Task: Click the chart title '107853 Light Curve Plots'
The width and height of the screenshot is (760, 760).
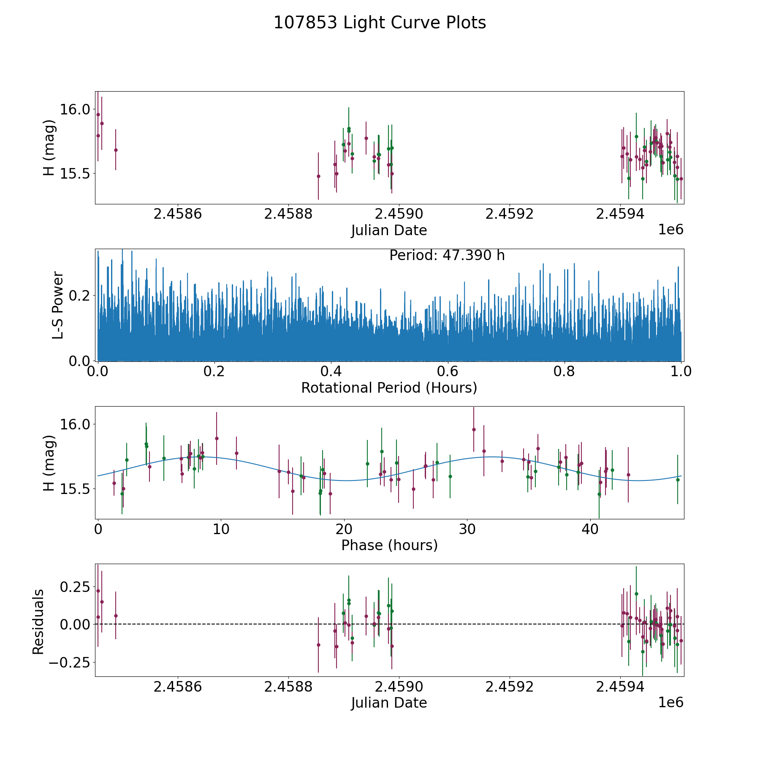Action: (x=380, y=23)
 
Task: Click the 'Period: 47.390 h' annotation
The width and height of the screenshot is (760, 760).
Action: (x=447, y=255)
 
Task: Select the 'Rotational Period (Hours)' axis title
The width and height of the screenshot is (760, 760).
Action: (x=389, y=388)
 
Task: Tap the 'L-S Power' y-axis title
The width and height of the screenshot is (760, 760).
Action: (x=58, y=305)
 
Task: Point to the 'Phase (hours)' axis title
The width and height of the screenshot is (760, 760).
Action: (x=389, y=545)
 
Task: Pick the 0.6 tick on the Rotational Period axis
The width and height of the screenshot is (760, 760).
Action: (x=448, y=372)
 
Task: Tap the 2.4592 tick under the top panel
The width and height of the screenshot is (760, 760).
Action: (x=510, y=214)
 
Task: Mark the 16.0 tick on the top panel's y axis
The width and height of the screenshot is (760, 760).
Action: (x=75, y=109)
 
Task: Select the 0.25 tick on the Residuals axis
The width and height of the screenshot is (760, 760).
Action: (x=75, y=587)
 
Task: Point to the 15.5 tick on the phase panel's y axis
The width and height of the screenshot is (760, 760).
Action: (x=75, y=489)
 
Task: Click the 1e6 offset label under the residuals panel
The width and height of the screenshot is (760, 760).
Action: (x=670, y=702)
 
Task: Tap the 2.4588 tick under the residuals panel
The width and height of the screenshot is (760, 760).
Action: (x=288, y=687)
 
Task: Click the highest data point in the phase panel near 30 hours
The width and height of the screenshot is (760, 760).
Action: (x=474, y=429)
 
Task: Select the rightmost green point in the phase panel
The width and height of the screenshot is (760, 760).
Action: (x=678, y=480)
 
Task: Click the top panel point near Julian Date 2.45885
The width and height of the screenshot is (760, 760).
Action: (x=318, y=176)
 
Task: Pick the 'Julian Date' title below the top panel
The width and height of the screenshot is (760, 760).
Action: (x=389, y=231)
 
